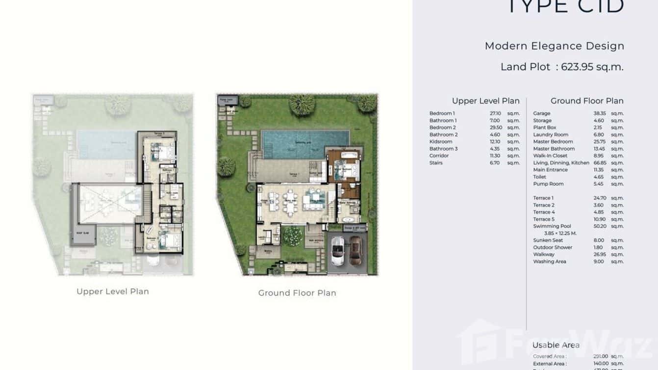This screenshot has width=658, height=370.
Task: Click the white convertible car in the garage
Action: coord(338,251)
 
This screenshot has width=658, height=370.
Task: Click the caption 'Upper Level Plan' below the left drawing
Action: coord(113,291)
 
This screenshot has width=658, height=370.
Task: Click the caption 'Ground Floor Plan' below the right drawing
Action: coord(297,293)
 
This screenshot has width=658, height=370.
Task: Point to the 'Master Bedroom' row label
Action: coord(553,142)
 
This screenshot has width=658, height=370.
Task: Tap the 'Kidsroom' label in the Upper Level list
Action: coord(441,142)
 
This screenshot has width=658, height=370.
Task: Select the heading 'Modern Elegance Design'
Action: coord(554,46)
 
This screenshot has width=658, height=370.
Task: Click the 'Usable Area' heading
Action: coord(556,345)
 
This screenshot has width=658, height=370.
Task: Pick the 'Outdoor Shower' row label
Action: coord(553,247)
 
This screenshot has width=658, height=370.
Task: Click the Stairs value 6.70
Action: coord(494,163)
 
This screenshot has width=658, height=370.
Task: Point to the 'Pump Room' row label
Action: coord(548,184)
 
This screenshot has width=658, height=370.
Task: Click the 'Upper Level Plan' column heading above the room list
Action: coord(485,101)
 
